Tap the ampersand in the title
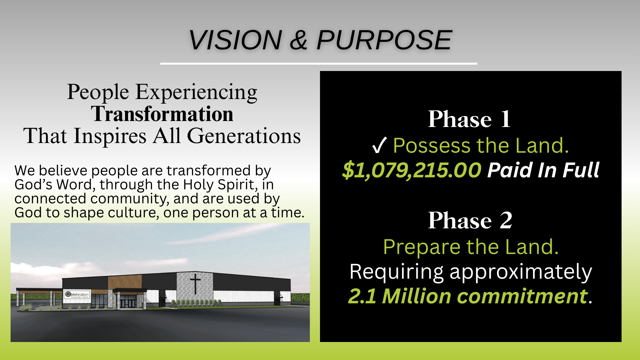pyautogui.click(x=299, y=40)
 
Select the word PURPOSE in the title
pyautogui.click(x=384, y=40)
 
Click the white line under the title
pyautogui.click(x=319, y=63)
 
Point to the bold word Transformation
pyautogui.click(x=162, y=114)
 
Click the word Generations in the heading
pyautogui.click(x=244, y=136)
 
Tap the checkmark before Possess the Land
pyautogui.click(x=379, y=146)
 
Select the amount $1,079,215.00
pyautogui.click(x=412, y=170)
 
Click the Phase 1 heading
pyautogui.click(x=469, y=119)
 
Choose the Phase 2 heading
pyautogui.click(x=470, y=220)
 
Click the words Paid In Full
pyautogui.click(x=543, y=170)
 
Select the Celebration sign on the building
pyautogui.click(x=77, y=295)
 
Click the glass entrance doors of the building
pyautogui.click(x=128, y=303)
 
